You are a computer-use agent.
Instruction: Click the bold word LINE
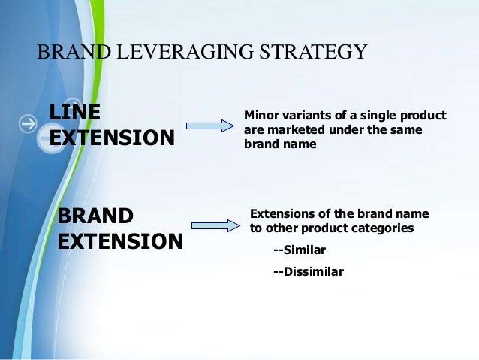[75, 113]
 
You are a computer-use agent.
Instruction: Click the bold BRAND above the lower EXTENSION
[95, 216]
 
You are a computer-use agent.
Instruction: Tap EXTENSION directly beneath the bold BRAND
[120, 242]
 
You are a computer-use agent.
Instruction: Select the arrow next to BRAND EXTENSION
[215, 225]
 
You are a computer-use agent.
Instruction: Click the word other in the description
[282, 227]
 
